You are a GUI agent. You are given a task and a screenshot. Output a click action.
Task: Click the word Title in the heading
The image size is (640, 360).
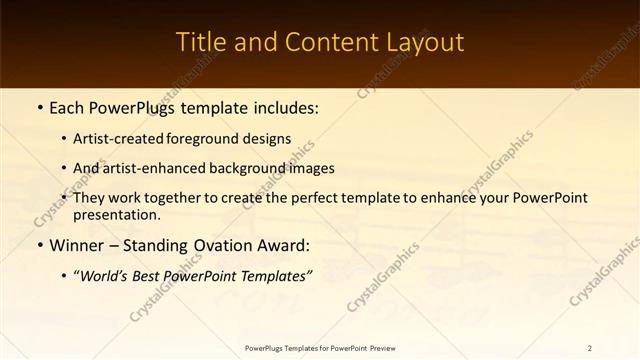199,42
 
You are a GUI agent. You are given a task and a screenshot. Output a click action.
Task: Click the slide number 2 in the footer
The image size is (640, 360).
590,348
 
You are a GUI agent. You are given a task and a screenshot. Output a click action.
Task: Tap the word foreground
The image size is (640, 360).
218,139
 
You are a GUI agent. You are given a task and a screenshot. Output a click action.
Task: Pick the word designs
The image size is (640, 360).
271,139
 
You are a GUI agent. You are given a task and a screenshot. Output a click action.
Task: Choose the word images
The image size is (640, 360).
311,168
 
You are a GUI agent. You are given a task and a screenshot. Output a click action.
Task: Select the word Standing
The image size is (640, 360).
159,245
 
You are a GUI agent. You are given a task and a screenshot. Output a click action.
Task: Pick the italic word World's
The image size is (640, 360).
105,275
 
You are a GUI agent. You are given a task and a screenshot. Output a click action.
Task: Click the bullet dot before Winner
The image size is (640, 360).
40,245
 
